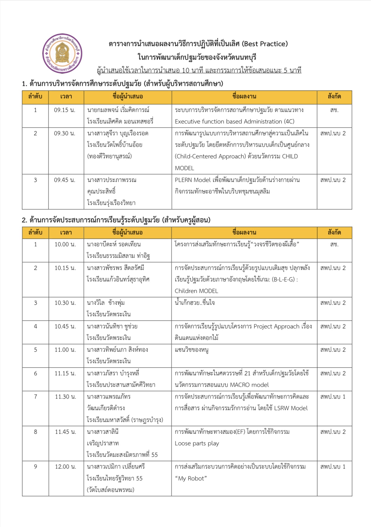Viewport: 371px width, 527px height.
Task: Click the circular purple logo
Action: [62, 53]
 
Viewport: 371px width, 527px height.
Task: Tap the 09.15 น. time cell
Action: [64, 110]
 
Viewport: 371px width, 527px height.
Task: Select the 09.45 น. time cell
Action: [64, 180]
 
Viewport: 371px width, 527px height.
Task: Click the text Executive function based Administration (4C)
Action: [234, 122]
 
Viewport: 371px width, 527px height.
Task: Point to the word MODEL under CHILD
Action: [184, 168]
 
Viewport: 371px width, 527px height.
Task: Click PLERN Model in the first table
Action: [193, 180]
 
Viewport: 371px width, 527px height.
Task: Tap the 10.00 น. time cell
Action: [65, 244]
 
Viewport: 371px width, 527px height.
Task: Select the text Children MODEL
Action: [196, 291]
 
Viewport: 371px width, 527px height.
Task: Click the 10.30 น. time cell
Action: [65, 303]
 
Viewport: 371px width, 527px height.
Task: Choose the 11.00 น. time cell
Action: [65, 350]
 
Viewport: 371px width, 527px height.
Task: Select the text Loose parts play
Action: [197, 443]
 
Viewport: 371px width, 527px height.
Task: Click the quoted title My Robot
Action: [191, 479]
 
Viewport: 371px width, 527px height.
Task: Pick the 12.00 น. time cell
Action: [65, 467]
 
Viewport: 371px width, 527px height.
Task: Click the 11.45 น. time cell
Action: [65, 432]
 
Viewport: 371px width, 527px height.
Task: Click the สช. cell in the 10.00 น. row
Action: [334, 244]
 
